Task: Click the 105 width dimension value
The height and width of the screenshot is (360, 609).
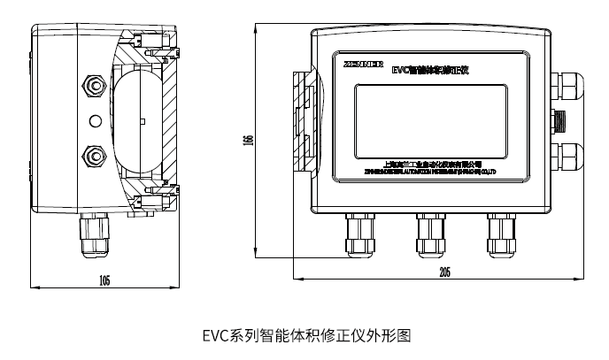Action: click(x=104, y=280)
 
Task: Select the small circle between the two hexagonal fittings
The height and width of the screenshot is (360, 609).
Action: click(x=92, y=120)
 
